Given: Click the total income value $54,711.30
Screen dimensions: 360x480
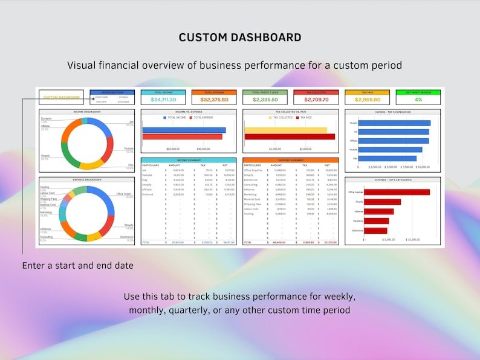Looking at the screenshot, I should pos(164,100).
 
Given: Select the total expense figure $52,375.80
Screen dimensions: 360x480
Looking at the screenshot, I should pos(215,100).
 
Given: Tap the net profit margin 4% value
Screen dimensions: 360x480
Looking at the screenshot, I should pos(418,100).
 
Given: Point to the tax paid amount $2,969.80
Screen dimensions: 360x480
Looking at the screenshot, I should pos(368,100).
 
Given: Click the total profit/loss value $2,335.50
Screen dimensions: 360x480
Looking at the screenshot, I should pos(265,100).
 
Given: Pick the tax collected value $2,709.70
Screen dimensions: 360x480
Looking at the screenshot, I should pos(316,100).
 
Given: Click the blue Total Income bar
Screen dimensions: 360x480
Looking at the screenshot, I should pos(184,130).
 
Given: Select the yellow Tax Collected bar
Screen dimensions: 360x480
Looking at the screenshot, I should pos(285,130).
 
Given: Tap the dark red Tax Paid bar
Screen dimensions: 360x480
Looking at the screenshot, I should pos(289,137).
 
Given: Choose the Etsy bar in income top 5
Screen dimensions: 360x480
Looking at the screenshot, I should pos(388,159).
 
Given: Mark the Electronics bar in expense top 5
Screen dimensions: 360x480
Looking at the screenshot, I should pos(375,230).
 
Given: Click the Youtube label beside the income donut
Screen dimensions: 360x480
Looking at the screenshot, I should pos(128,149).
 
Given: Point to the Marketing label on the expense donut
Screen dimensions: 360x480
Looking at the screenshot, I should pos(46,213).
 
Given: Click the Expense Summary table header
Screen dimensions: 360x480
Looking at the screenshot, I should pos(290,160).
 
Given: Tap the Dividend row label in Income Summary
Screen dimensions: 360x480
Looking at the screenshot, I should pos(148,194).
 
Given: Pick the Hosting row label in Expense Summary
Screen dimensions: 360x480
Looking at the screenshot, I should pos(248,214).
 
